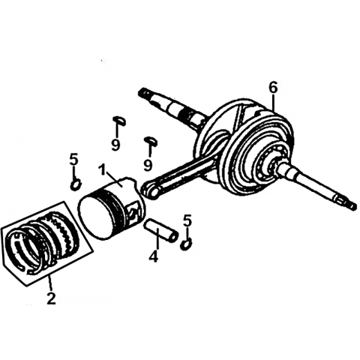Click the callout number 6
[x=273, y=88]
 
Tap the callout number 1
[x=102, y=170]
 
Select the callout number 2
[x=51, y=298]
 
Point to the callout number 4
[x=154, y=256]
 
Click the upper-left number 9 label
[x=115, y=144]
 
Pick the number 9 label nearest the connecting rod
[x=148, y=164]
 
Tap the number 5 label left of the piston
[x=74, y=159]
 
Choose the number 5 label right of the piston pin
[x=187, y=220]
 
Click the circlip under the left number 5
[x=76, y=185]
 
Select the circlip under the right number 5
[x=186, y=243]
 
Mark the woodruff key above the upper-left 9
[x=118, y=120]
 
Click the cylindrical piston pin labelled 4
[x=160, y=230]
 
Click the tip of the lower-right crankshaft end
[x=352, y=206]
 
